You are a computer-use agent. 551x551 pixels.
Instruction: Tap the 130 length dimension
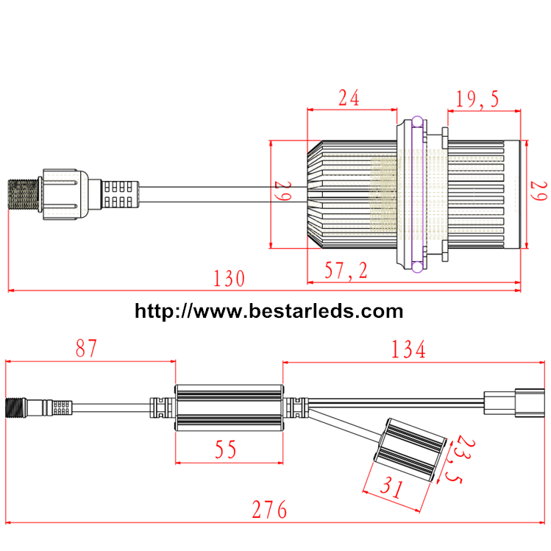point(229,279)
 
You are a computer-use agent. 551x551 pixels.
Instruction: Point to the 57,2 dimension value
point(346,271)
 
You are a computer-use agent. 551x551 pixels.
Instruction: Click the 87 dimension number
point(86,348)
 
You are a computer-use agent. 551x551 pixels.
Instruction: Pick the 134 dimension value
point(408,350)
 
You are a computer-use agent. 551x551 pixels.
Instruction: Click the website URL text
point(269,311)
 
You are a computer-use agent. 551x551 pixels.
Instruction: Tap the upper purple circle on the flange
point(418,121)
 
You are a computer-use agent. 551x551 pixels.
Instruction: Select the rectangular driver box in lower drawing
point(229,407)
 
